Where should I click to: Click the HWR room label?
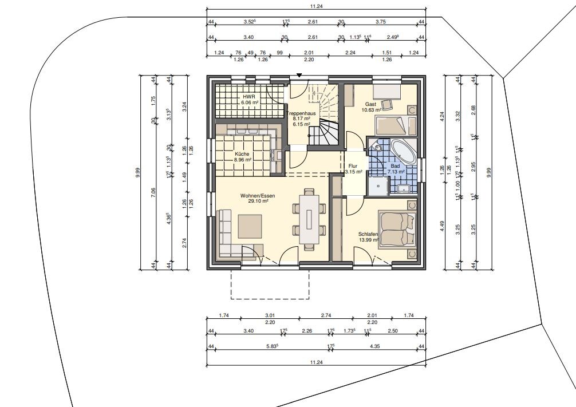247,97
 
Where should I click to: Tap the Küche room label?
242,155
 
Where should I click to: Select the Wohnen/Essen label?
258,196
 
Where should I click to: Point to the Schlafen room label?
368,234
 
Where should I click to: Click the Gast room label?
370,104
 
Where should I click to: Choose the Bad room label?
395,167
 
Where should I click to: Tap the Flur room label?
353,166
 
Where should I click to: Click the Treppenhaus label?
301,113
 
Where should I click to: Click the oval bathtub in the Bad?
403,152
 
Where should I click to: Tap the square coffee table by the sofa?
250,227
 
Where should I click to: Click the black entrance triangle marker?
299,76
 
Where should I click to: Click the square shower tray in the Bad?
378,186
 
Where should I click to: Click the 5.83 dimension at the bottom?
272,346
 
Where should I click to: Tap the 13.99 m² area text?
369,240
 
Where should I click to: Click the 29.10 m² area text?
258,201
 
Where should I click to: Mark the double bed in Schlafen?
397,229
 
